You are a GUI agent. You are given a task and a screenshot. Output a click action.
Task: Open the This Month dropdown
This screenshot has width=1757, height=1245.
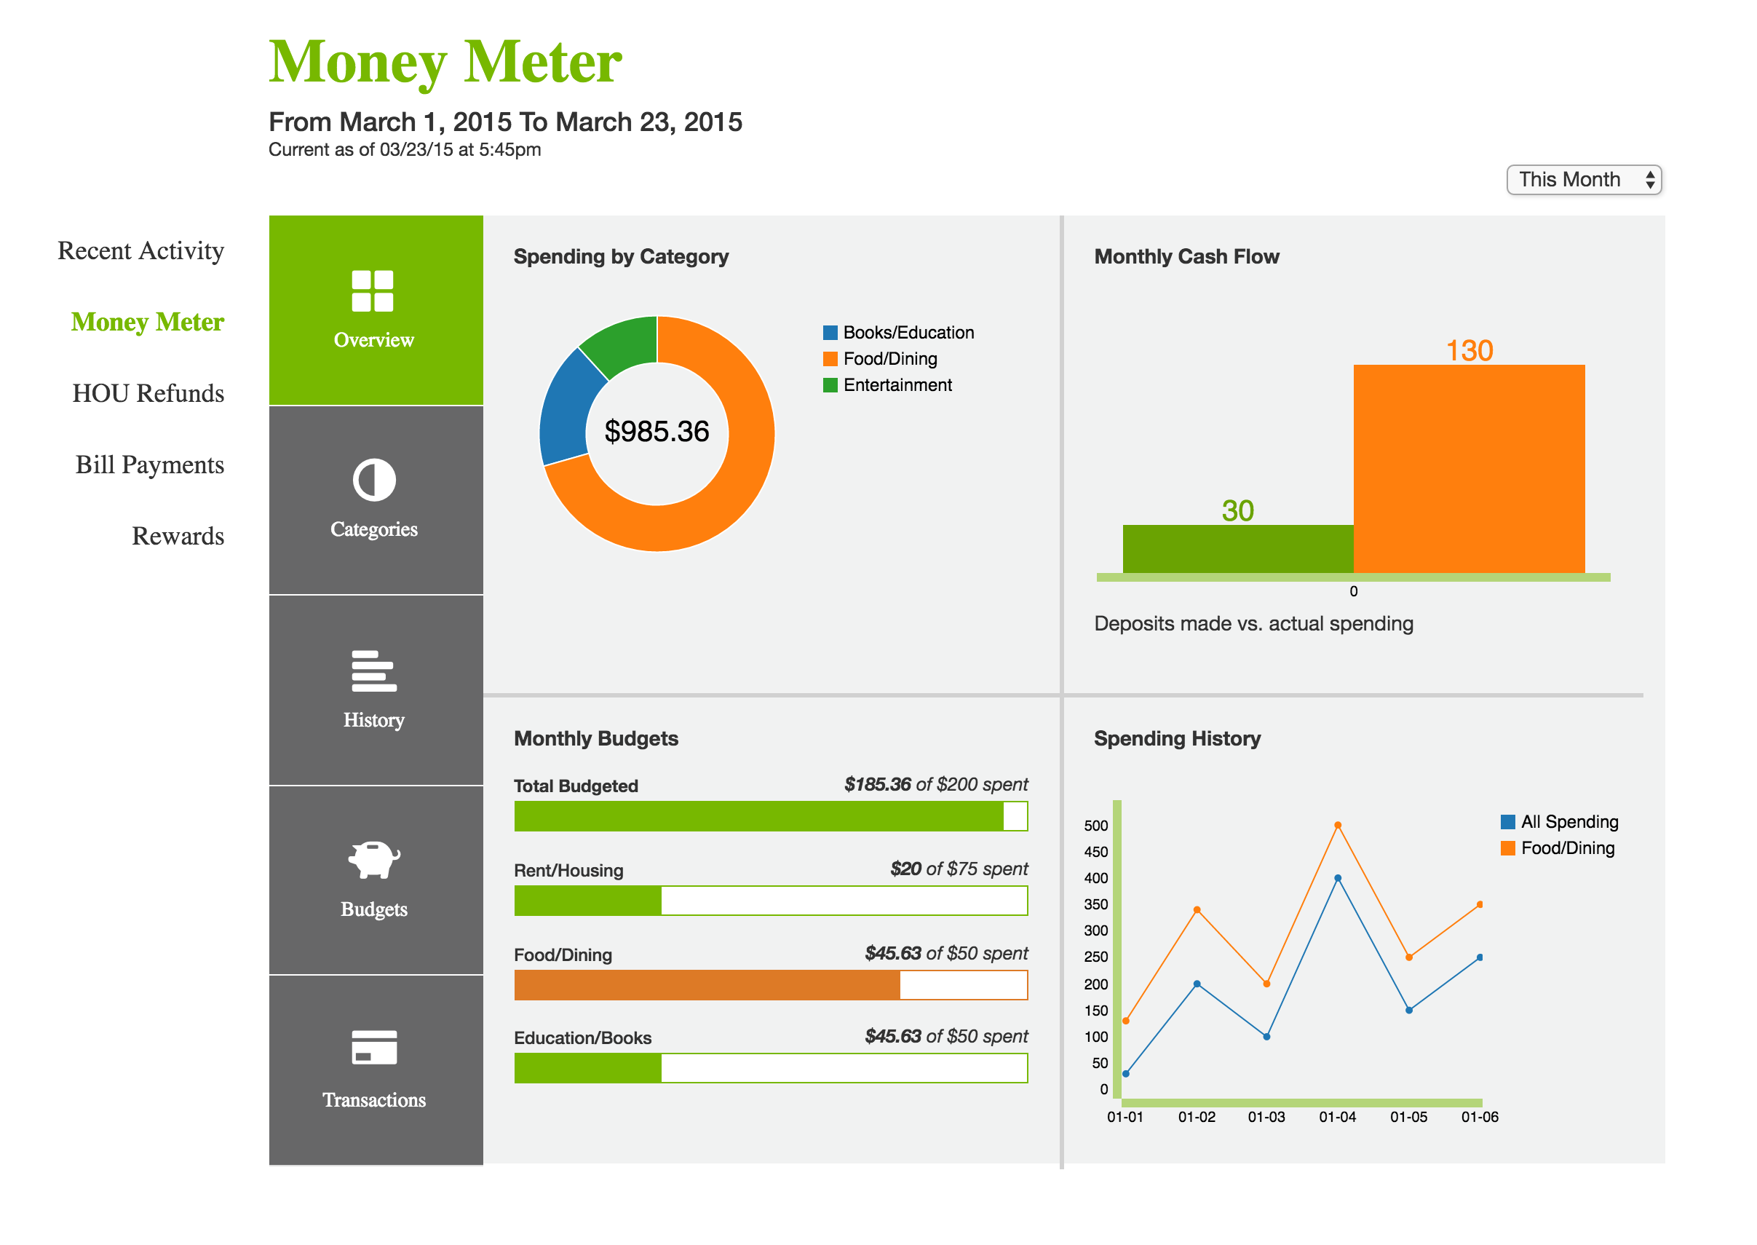(1582, 180)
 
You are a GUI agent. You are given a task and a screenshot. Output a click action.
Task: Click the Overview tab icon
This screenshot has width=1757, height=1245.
(373, 291)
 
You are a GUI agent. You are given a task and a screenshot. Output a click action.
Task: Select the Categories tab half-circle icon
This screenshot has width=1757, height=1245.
(374, 481)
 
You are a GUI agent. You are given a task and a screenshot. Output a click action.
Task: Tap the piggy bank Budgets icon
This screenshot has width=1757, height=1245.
(374, 860)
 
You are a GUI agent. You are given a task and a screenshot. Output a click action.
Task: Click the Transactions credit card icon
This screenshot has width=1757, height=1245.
(374, 1048)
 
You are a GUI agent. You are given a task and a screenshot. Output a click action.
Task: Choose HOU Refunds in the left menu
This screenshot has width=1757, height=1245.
(148, 394)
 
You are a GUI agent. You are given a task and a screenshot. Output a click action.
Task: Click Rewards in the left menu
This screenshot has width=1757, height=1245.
(178, 537)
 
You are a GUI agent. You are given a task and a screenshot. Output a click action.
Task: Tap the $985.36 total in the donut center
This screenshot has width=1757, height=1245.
(657, 432)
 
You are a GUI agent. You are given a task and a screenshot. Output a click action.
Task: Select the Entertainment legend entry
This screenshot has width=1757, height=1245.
(897, 386)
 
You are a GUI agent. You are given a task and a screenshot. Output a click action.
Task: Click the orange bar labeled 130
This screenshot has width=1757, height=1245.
(1468, 469)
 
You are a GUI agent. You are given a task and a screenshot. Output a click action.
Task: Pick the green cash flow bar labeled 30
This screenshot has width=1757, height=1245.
(1237, 549)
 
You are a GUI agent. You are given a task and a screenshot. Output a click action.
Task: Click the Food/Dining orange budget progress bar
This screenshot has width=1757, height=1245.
(707, 986)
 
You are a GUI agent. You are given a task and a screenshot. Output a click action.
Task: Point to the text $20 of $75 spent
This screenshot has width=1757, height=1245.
(959, 869)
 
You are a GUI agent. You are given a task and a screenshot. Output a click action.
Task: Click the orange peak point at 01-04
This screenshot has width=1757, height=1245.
(1338, 826)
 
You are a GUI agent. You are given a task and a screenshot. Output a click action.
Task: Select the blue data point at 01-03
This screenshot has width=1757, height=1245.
(1266, 1037)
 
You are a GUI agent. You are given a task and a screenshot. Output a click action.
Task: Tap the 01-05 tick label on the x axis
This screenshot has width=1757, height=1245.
(1408, 1118)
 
